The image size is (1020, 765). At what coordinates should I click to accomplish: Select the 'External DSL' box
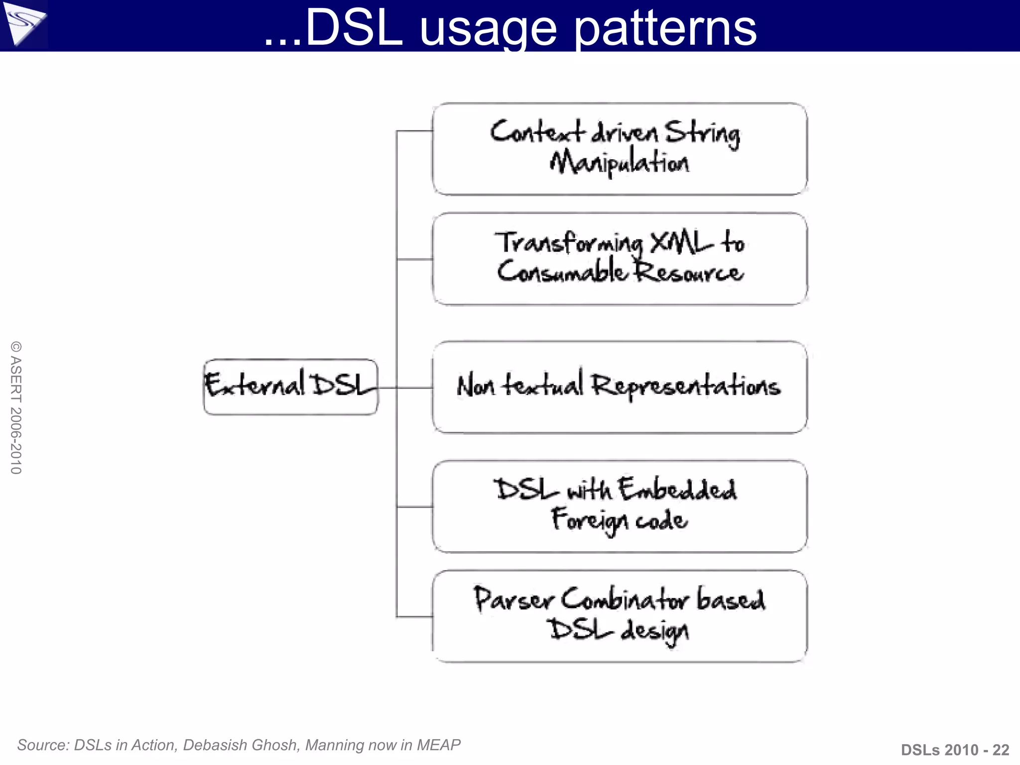pyautogui.click(x=290, y=386)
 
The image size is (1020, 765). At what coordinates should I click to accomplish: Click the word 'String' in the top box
pyautogui.click(x=702, y=133)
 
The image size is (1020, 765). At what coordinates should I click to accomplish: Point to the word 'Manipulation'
pyautogui.click(x=620, y=162)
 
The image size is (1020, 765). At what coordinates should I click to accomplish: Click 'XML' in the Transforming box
pyautogui.click(x=681, y=244)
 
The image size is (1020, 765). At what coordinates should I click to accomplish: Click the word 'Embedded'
pyautogui.click(x=677, y=490)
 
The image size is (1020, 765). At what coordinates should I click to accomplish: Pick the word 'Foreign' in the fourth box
pyautogui.click(x=589, y=520)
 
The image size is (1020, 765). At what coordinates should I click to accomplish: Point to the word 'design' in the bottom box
pyautogui.click(x=654, y=631)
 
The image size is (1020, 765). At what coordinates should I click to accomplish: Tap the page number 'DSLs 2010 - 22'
pyautogui.click(x=955, y=750)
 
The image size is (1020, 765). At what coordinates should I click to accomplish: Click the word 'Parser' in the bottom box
pyautogui.click(x=513, y=599)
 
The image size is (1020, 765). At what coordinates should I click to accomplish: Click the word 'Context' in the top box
pyautogui.click(x=537, y=132)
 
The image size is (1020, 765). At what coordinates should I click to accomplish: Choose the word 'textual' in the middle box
pyautogui.click(x=542, y=385)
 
